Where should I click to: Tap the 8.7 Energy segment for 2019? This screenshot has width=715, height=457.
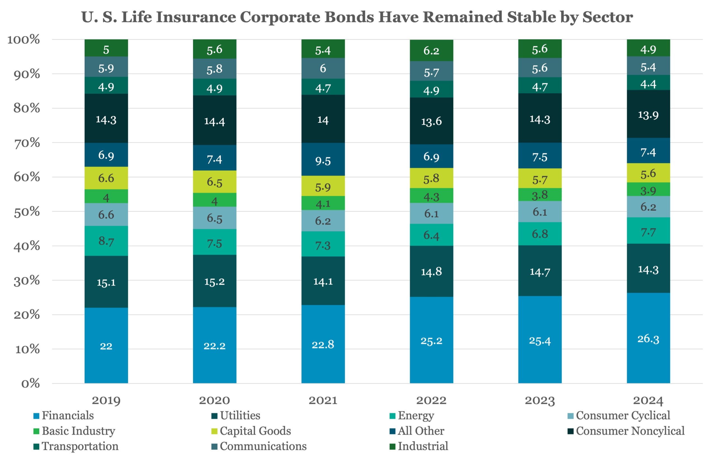point(106,241)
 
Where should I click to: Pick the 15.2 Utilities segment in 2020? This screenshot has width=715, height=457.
point(214,281)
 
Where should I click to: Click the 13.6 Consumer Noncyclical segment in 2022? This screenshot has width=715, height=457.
point(432,121)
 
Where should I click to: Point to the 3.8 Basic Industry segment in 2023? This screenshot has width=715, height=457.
point(540,195)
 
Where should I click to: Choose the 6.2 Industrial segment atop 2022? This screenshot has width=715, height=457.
point(432,50)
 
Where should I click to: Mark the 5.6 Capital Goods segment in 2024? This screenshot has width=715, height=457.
point(648,173)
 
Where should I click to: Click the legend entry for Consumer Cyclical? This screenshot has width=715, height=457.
point(623,415)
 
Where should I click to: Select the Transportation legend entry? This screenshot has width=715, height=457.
point(80,446)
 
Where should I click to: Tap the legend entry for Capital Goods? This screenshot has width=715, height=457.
point(255,431)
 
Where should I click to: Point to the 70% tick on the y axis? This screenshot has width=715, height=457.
point(27,143)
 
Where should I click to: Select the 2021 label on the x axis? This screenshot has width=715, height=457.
point(323,400)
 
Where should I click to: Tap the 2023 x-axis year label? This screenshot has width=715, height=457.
point(540,400)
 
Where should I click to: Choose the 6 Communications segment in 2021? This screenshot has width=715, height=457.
point(323,68)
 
